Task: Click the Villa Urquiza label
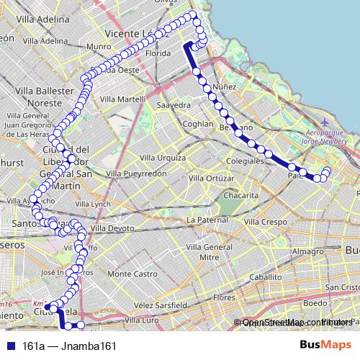coord(163,157)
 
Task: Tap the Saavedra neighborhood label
coord(174,105)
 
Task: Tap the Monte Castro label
coord(132,274)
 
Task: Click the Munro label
coord(99,46)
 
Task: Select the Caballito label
coord(264,276)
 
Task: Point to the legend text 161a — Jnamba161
coord(69,346)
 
